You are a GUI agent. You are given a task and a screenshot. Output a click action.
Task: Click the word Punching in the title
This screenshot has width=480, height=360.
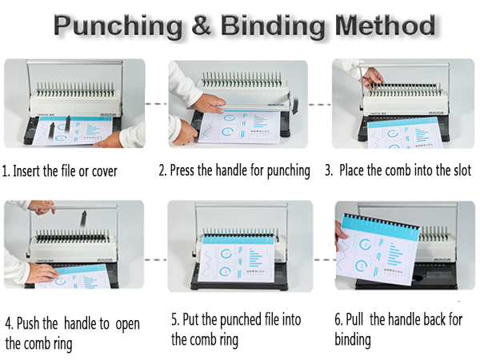click(118, 26)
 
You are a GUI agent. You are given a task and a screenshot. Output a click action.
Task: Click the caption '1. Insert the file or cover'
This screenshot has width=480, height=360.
click(60, 170)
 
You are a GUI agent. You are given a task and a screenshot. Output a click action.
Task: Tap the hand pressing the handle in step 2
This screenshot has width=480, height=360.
click(210, 104)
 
